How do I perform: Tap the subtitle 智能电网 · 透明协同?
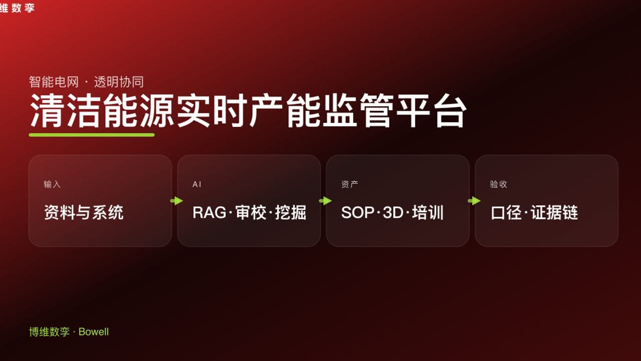tap(86, 82)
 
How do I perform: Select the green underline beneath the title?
tap(92, 134)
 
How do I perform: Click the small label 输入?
tap(52, 184)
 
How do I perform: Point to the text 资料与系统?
tap(84, 213)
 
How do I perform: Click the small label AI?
tap(197, 184)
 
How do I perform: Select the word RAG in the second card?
tap(209, 213)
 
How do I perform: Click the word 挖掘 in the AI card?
tap(290, 213)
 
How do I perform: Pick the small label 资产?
tap(350, 184)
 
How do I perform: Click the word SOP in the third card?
tap(358, 213)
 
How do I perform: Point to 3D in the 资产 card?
tap(393, 213)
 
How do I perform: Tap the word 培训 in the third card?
tap(428, 213)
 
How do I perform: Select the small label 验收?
tap(498, 184)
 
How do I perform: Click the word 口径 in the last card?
tap(507, 213)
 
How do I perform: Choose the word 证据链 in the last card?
tap(554, 213)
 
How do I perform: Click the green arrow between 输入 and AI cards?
tap(176, 201)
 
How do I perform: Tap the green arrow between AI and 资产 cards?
tap(326, 201)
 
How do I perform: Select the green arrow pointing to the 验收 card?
tap(474, 201)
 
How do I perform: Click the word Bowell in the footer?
tap(94, 331)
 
